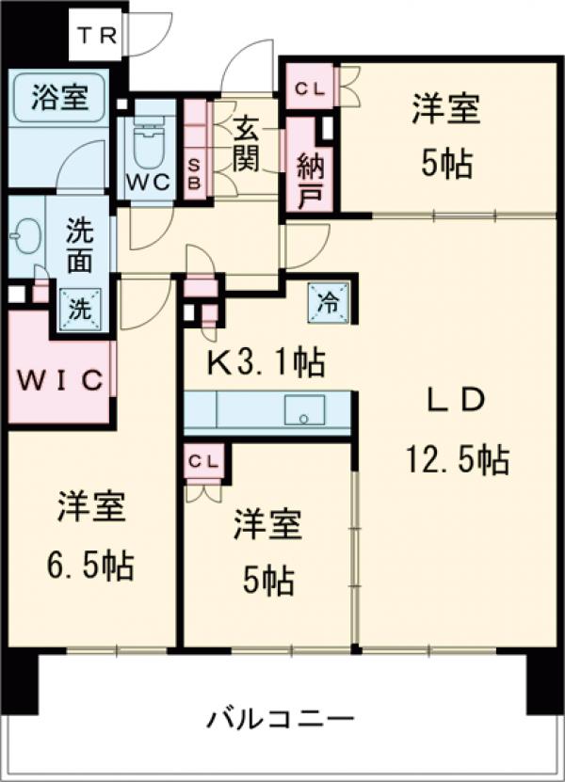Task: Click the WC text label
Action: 148,182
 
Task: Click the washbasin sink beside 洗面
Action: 24,231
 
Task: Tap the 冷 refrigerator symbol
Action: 331,302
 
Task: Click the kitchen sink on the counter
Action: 304,411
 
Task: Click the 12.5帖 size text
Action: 458,460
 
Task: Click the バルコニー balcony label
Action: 281,722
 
